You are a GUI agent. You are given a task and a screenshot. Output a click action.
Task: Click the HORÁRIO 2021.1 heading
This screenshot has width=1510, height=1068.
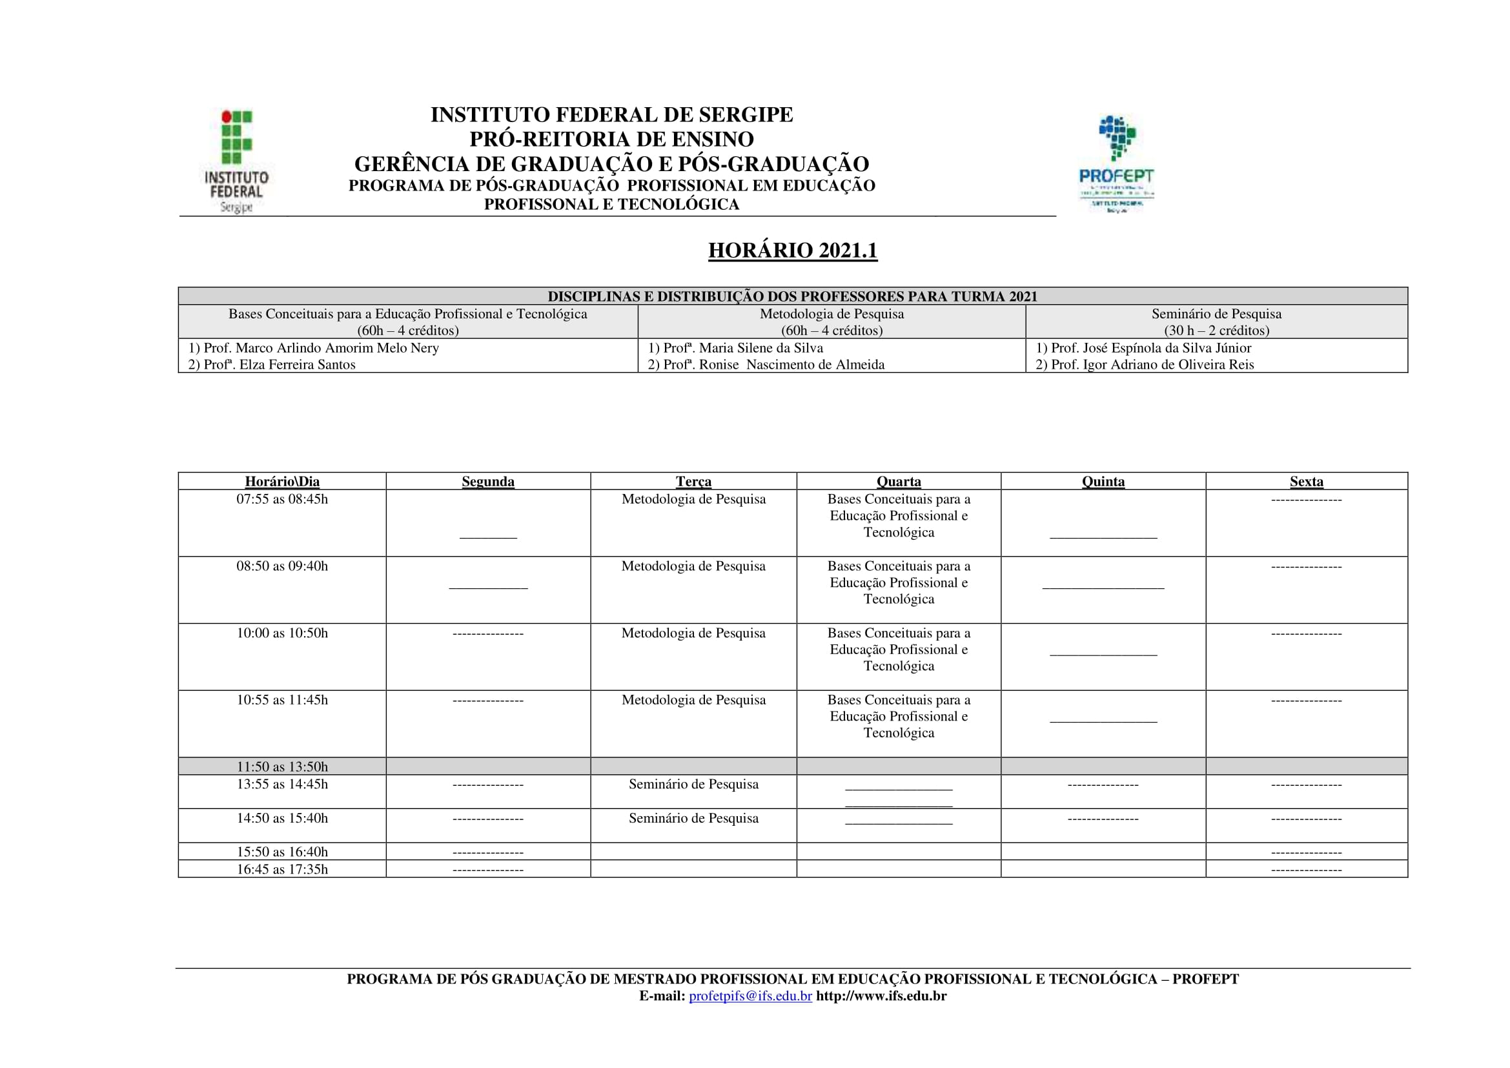[793, 251]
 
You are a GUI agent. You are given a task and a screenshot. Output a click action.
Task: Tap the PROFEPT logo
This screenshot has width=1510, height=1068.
[1116, 165]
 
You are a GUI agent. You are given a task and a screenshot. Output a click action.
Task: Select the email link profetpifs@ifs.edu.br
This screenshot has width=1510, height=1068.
[750, 996]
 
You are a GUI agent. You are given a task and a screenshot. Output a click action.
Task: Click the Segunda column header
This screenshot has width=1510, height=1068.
[488, 482]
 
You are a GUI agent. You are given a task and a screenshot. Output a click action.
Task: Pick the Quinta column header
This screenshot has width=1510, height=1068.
[1103, 482]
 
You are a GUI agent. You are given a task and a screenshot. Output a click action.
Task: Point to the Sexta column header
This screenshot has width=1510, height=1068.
[1306, 482]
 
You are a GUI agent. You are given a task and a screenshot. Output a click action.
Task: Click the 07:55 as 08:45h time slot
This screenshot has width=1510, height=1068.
[282, 499]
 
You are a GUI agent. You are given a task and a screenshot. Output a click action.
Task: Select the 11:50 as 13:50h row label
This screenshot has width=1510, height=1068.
[282, 767]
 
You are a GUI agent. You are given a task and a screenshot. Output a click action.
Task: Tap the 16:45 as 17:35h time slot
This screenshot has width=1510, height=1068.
[282, 869]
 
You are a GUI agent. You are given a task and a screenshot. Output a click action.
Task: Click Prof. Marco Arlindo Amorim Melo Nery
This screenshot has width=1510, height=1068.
[321, 348]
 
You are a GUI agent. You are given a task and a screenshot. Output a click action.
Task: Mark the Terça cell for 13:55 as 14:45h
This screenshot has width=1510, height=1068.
[693, 785]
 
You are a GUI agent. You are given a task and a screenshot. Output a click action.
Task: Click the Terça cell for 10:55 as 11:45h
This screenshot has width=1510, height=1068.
[693, 701]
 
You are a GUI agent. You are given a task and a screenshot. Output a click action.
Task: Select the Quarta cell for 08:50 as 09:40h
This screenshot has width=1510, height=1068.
[899, 582]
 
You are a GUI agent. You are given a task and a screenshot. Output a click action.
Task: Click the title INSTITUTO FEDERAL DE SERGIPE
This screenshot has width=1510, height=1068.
[611, 115]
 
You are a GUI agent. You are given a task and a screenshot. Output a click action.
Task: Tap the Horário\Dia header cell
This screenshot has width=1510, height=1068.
[282, 482]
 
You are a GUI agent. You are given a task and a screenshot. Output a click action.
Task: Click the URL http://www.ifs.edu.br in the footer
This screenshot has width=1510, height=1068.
[881, 996]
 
